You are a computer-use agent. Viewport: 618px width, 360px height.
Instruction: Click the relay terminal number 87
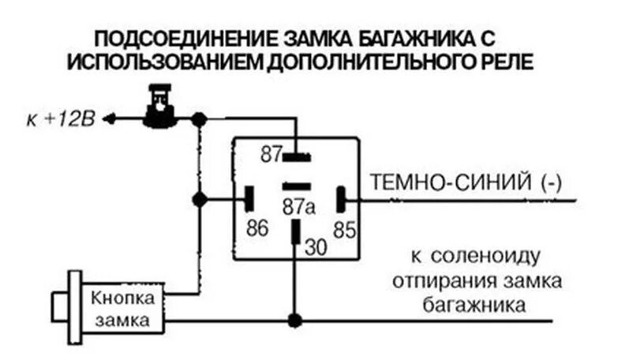tap(272, 154)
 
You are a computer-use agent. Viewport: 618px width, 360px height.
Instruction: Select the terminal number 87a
tap(299, 207)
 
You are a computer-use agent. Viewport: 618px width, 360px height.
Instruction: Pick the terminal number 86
tap(257, 229)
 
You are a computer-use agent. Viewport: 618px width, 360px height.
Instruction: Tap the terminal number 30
tap(315, 246)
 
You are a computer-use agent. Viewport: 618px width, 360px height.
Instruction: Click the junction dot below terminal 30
tap(295, 321)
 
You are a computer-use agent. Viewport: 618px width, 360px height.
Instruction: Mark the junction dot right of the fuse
tap(200, 119)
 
